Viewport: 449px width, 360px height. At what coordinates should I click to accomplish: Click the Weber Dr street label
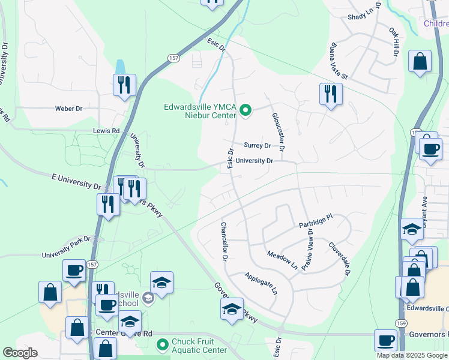pos(68,109)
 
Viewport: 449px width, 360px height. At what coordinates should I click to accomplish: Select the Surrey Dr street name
pos(258,146)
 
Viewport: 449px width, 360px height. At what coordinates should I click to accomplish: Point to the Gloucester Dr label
pos(277,132)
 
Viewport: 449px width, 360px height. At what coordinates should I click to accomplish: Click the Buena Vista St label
pos(339,61)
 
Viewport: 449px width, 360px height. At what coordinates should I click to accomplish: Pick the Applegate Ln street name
pos(261,284)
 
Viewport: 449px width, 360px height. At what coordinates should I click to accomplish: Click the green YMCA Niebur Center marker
pos(245,110)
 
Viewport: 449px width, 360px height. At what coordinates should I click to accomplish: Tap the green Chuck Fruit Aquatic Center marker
pos(161,345)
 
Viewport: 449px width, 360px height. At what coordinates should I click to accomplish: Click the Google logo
pos(20,353)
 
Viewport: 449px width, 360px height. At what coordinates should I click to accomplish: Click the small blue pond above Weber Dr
pos(121,67)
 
